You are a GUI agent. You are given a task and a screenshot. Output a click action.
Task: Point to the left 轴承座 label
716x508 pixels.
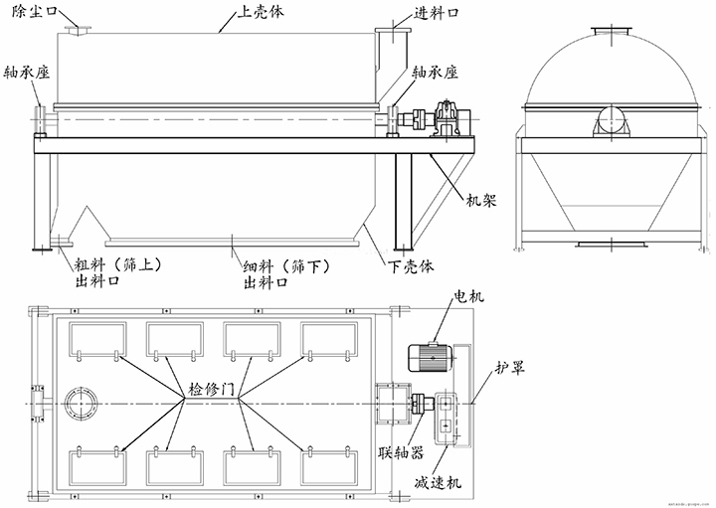pyautogui.click(x=27, y=74)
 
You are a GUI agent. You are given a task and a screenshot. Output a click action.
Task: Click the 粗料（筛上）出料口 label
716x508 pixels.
pyautogui.click(x=110, y=272)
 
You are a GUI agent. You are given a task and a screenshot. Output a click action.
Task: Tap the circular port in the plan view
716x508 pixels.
pyautogui.click(x=79, y=406)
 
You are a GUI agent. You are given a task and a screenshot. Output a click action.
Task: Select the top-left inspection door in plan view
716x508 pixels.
pyautogui.click(x=96, y=341)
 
